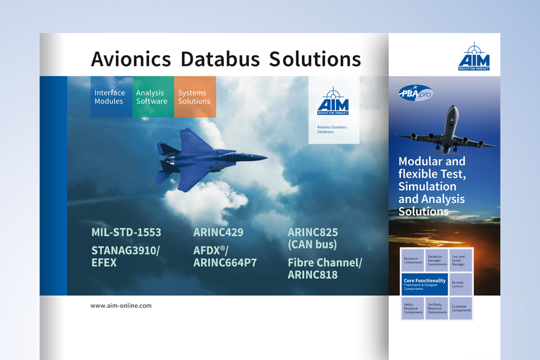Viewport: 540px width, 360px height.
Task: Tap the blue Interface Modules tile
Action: tap(110, 97)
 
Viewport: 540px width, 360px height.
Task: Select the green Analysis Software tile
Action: tap(152, 97)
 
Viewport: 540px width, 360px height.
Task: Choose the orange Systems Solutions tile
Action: tap(195, 97)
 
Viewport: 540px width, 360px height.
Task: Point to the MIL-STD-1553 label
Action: tap(126, 232)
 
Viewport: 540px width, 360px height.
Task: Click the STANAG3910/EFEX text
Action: tap(125, 256)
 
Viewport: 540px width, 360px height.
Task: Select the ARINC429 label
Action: tap(218, 232)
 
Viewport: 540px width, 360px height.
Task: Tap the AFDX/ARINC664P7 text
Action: tap(224, 256)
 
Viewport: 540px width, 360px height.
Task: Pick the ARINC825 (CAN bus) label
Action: tap(313, 238)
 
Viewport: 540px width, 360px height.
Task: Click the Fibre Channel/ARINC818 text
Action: tap(325, 269)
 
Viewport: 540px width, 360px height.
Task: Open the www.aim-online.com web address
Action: tap(121, 305)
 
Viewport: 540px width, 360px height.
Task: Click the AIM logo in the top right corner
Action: tap(474, 57)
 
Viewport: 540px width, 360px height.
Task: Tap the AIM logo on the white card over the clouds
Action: tap(333, 101)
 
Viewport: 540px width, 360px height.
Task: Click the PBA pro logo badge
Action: tap(416, 93)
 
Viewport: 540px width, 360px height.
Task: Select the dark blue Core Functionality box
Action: tap(424, 284)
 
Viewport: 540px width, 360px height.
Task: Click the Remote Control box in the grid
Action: tap(461, 284)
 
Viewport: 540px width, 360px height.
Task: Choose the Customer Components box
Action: tap(461, 308)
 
